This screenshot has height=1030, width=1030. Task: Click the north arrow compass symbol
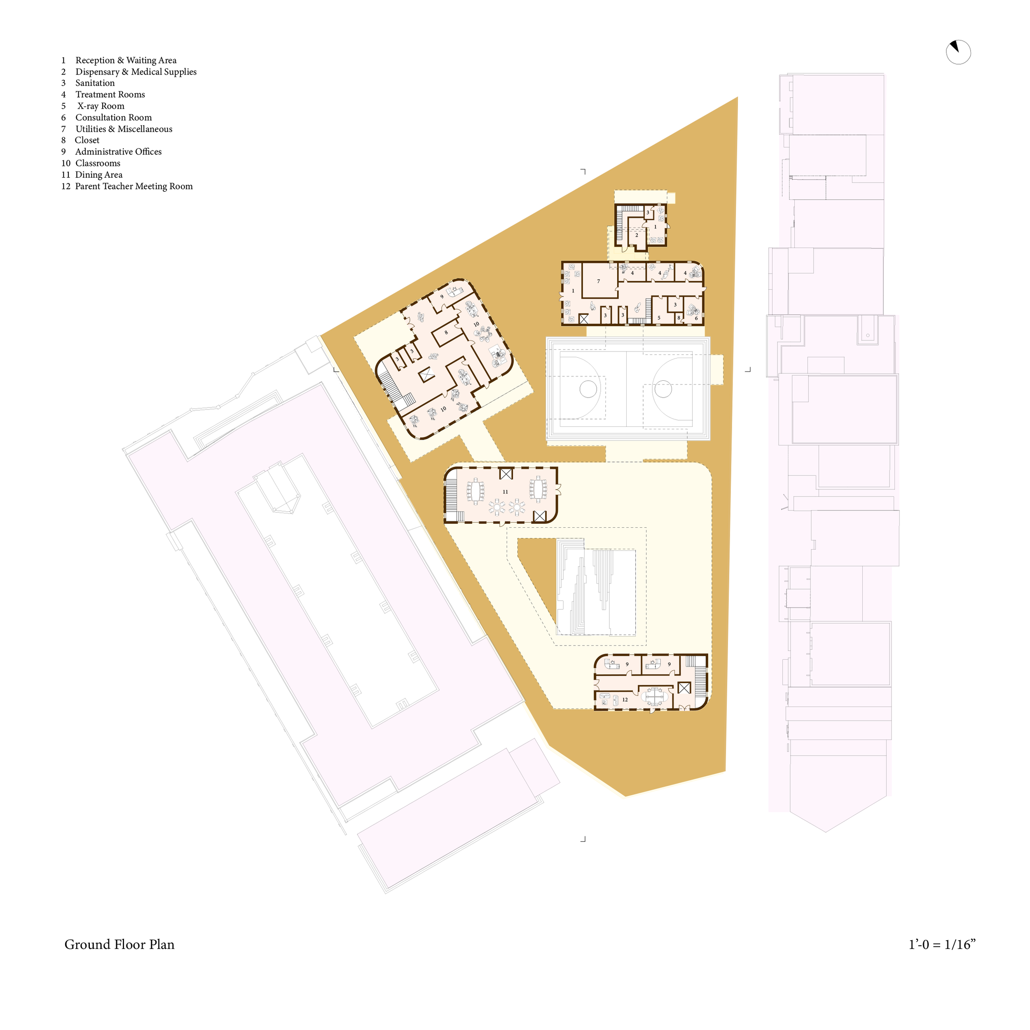(x=958, y=52)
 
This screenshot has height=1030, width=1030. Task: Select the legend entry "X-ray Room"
(x=101, y=106)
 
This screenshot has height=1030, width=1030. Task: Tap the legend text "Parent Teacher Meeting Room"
(x=134, y=186)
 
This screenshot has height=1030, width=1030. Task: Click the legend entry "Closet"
(x=87, y=140)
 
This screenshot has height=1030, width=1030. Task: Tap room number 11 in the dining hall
(x=506, y=492)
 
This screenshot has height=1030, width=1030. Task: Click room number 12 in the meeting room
(x=625, y=700)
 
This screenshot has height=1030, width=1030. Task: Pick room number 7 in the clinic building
(x=599, y=281)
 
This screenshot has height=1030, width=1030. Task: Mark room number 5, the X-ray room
(x=659, y=318)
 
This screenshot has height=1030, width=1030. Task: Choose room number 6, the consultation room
(x=696, y=318)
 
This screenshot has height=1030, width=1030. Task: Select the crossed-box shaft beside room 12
(x=684, y=688)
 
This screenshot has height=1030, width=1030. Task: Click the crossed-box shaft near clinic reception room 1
(x=584, y=319)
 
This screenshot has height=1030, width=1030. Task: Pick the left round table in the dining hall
(x=497, y=507)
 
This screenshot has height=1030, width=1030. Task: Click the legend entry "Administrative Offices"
(x=118, y=152)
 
